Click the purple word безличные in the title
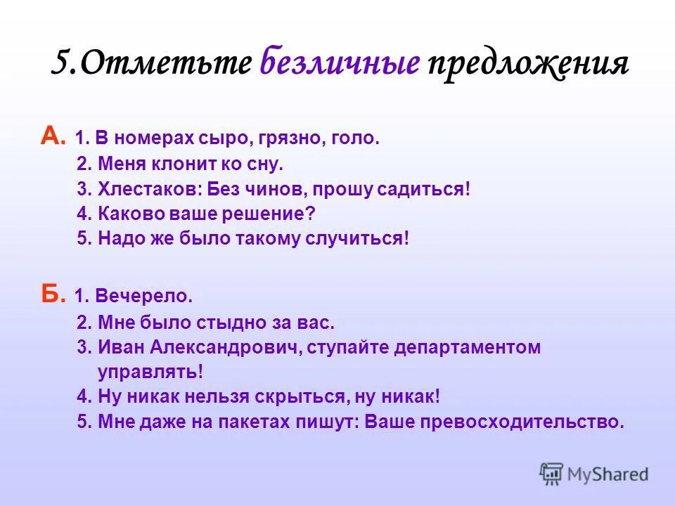coord(340,64)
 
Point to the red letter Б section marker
coord(53,295)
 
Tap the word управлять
coord(150,371)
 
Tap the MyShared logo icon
coord(552,474)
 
